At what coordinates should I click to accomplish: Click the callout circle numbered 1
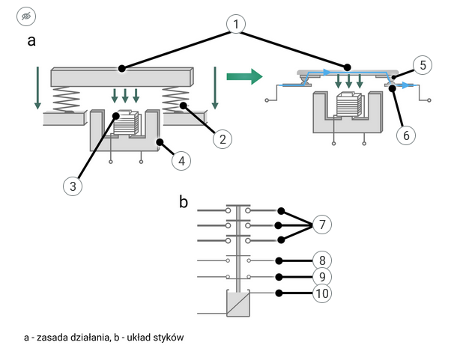[x=236, y=24]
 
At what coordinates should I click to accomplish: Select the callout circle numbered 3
[x=72, y=186]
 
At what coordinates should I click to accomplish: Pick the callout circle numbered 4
[x=181, y=160]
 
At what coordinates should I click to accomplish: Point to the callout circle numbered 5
[x=423, y=65]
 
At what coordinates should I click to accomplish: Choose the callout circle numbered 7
[x=321, y=225]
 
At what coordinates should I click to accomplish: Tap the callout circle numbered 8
[x=321, y=260]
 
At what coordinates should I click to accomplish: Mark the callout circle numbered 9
[x=321, y=277]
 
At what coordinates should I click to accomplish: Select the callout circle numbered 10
[x=321, y=293]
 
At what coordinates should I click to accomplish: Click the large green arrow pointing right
[x=243, y=76]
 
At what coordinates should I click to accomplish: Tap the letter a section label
[x=31, y=41]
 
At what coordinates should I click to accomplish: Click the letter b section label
[x=184, y=201]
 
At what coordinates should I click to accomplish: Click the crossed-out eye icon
[x=25, y=16]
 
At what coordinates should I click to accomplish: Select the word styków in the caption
[x=168, y=338]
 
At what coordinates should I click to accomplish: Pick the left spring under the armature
[x=67, y=100]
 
